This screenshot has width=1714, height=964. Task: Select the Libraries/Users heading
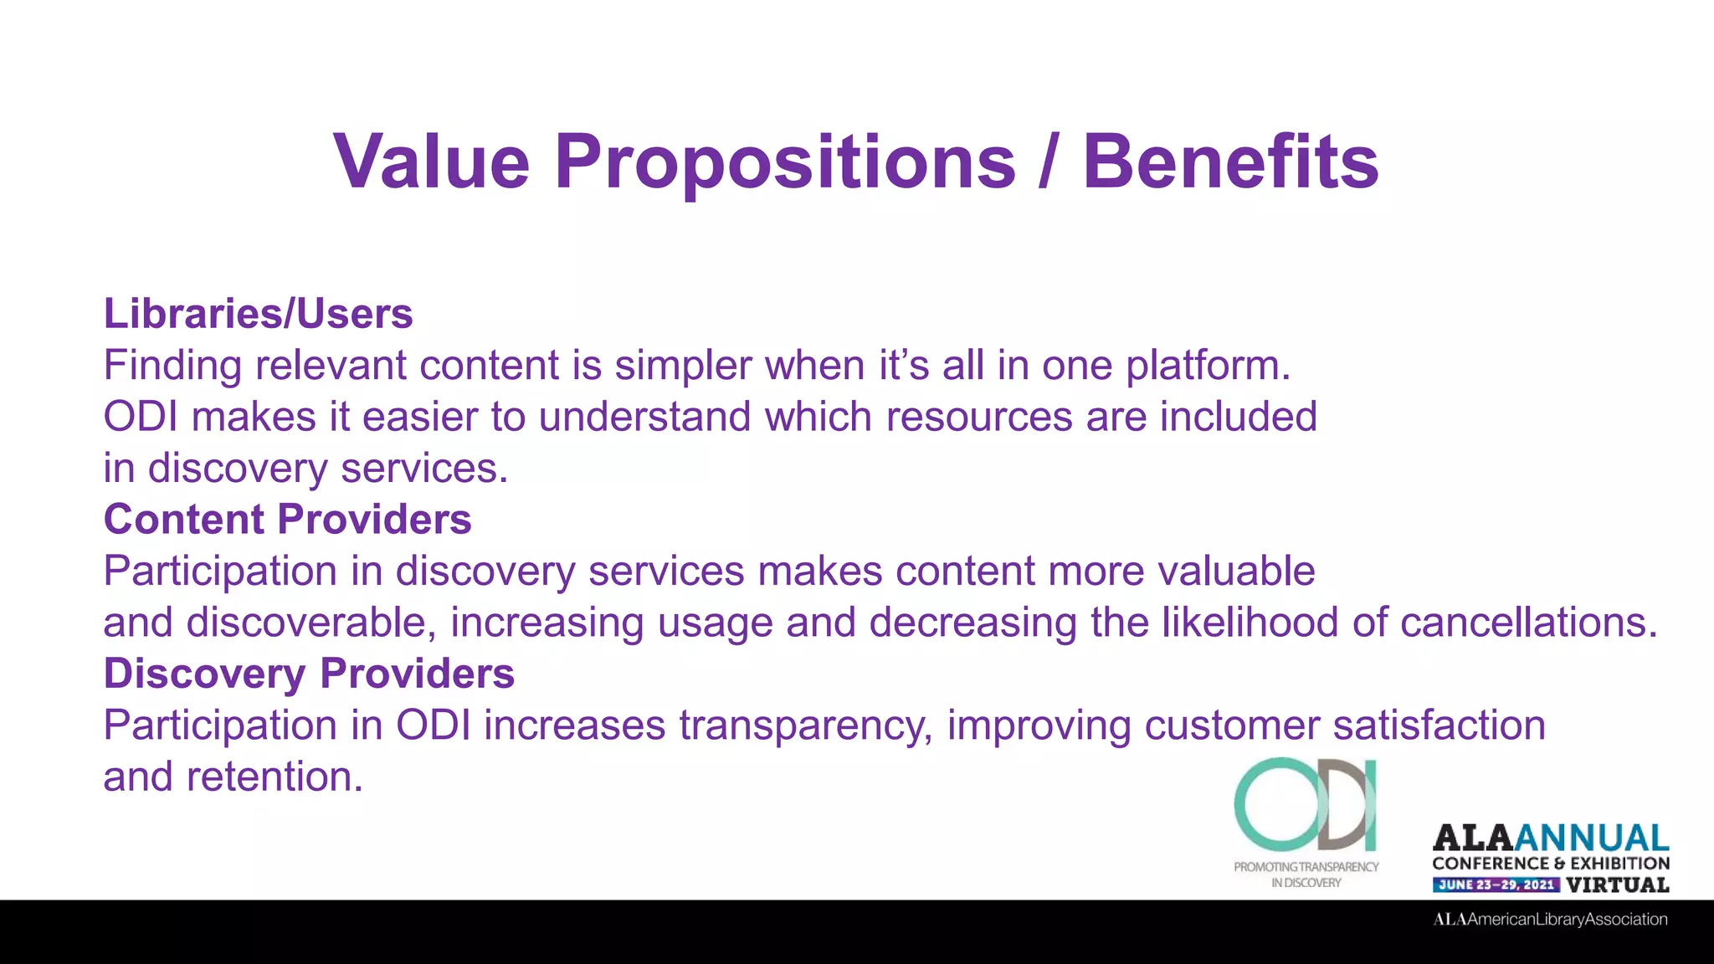click(258, 314)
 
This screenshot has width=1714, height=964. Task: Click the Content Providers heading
click(287, 519)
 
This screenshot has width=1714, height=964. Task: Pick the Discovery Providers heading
click(309, 674)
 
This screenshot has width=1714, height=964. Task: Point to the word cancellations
click(1527, 623)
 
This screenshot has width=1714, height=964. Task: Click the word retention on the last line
click(274, 777)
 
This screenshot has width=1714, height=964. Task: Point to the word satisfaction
click(1439, 726)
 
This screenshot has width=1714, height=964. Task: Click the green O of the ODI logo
click(1268, 805)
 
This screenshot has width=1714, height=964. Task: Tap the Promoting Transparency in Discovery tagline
click(1306, 874)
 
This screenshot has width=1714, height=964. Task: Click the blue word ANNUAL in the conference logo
click(1592, 838)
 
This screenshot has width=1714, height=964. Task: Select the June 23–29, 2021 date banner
click(1496, 885)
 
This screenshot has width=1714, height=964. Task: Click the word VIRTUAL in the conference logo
click(1617, 885)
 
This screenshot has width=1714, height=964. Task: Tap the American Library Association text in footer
click(1550, 919)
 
